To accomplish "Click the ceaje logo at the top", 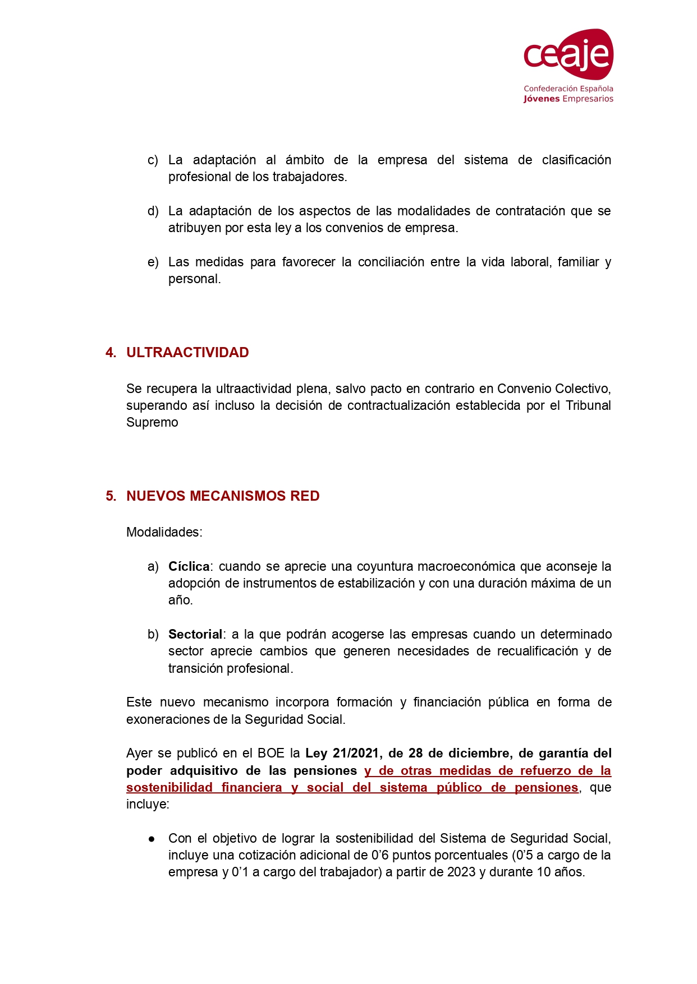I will [568, 54].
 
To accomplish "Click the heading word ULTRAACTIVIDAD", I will [187, 353].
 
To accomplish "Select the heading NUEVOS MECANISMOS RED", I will [223, 496].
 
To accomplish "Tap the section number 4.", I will [111, 353].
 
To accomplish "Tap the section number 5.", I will [111, 496].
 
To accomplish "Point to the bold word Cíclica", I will [189, 567].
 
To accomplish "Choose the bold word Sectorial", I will [195, 635].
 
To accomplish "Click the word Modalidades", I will [163, 532].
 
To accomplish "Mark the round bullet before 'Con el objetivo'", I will [152, 839].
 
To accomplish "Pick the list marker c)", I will [153, 160].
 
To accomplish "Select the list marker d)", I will [153, 211].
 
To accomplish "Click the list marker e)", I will [153, 262].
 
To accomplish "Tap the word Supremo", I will [152, 423].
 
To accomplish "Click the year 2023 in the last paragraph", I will [461, 872].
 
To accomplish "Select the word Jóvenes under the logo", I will [542, 99].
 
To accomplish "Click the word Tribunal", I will [588, 406].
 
